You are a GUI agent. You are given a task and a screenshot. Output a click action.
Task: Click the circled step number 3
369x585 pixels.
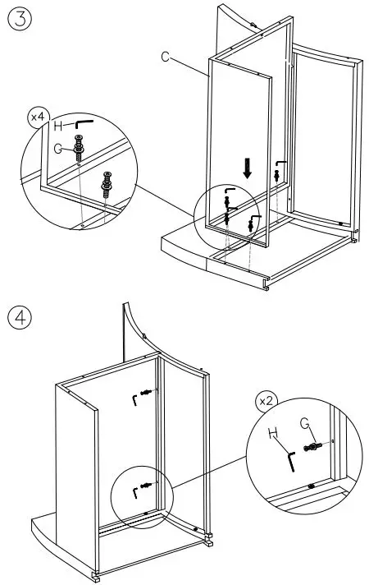click(20, 20)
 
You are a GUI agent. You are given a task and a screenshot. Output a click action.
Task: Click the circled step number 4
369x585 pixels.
click(20, 317)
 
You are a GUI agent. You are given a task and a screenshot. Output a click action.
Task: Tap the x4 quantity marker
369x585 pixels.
click(38, 117)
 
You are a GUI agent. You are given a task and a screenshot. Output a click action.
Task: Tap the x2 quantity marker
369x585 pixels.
click(266, 402)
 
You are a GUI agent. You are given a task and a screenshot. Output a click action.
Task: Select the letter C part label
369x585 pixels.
click(166, 57)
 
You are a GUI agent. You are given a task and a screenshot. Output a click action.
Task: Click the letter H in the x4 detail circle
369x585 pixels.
click(58, 126)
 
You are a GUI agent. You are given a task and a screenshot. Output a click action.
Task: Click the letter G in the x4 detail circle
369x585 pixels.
click(58, 149)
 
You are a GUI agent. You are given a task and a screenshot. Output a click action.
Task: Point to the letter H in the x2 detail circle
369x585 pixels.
click(273, 433)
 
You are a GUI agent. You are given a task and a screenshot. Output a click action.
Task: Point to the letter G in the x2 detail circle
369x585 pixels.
click(304, 422)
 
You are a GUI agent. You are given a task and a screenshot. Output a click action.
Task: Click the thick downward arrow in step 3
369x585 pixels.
click(248, 168)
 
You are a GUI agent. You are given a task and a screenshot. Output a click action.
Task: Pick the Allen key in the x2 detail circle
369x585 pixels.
click(292, 462)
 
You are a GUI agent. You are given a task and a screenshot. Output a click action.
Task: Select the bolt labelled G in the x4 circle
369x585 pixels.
click(79, 148)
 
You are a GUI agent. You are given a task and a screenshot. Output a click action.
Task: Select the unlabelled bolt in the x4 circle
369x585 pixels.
click(107, 184)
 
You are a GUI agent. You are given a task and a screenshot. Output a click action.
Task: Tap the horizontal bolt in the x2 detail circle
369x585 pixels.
click(313, 446)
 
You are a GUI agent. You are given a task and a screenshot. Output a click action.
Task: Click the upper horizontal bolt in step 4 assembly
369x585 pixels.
click(147, 392)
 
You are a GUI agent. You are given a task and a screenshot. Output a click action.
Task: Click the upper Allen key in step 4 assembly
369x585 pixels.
click(134, 400)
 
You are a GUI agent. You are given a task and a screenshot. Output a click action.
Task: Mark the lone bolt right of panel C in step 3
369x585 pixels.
click(276, 175)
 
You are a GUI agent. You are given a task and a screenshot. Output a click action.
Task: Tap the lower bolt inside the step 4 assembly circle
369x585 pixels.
click(147, 485)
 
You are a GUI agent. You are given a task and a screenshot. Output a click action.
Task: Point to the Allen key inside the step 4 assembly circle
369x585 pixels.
click(134, 493)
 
